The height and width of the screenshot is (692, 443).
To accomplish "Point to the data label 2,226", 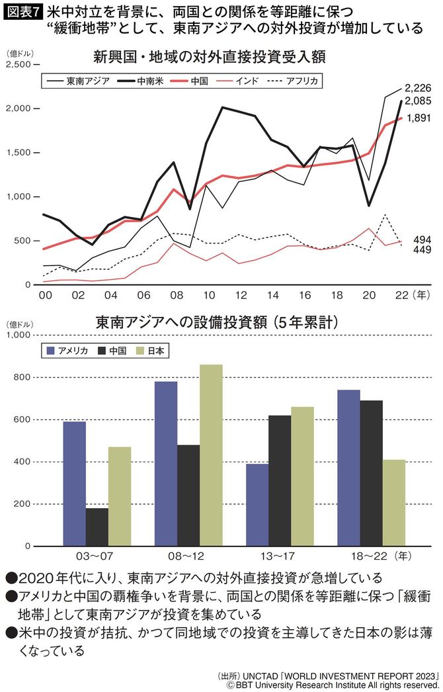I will pyautogui.click(x=418, y=88).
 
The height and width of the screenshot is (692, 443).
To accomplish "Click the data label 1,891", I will pyautogui.click(x=418, y=118).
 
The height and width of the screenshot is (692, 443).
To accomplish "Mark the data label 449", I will pyautogui.click(x=422, y=251).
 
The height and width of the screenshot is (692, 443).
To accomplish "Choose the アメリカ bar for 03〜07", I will pyautogui.click(x=74, y=484).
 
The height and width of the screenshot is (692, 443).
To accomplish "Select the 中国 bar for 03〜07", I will pyautogui.click(x=97, y=527).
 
